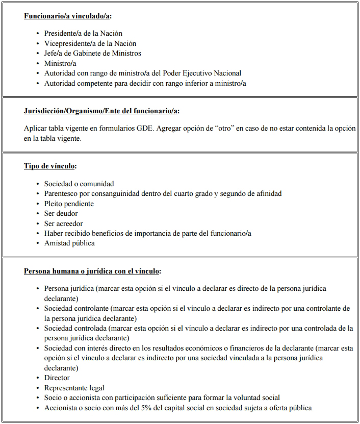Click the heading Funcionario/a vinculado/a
(x=67, y=16)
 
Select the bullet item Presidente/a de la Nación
(x=83, y=34)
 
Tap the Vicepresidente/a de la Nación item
(x=90, y=43)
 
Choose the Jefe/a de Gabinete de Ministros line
(x=92, y=53)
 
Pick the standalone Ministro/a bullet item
(x=60, y=63)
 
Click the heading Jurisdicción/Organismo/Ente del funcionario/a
(x=101, y=111)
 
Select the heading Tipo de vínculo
(x=50, y=166)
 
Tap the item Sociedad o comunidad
(x=79, y=184)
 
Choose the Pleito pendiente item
(x=69, y=204)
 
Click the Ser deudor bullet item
(x=61, y=213)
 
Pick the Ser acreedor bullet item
(x=63, y=223)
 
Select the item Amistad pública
(x=69, y=243)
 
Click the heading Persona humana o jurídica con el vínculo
(x=92, y=271)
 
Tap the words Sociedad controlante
(x=76, y=309)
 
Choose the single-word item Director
(x=57, y=378)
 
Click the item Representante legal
(x=74, y=388)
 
